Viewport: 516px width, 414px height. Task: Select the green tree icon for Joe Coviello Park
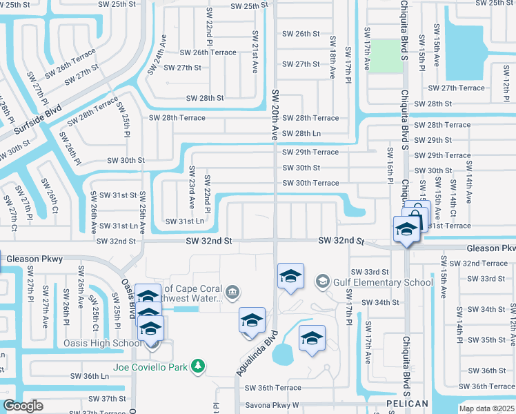click(x=198, y=364)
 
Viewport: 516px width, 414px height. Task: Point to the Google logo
click(x=23, y=406)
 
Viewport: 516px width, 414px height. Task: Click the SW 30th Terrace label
click(x=310, y=183)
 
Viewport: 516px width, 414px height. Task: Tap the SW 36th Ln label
click(x=90, y=376)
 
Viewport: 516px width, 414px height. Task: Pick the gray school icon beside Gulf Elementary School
click(x=321, y=282)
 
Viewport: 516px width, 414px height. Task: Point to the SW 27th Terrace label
click(x=456, y=88)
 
